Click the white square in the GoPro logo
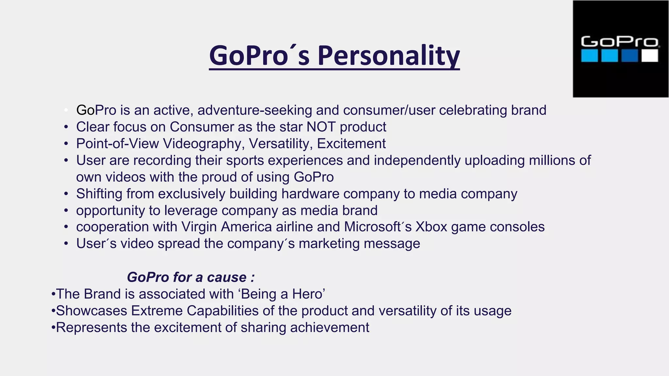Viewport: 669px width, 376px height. point(649,55)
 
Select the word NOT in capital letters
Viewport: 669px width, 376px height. point(321,127)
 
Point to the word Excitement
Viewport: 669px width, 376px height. point(351,144)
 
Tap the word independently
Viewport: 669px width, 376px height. point(417,160)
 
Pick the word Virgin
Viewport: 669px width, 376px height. point(199,227)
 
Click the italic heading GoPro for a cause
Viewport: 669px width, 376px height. point(190,277)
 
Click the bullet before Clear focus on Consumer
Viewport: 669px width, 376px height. point(66,127)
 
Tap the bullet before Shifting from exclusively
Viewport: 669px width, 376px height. point(66,194)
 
